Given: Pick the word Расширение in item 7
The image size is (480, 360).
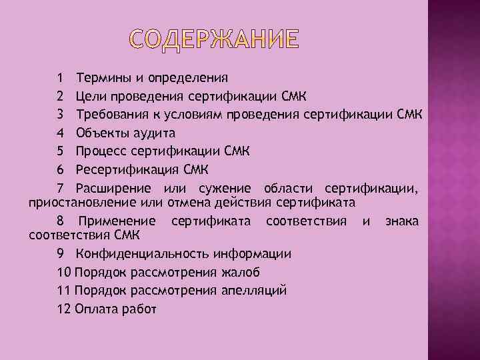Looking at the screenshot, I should (x=113, y=187).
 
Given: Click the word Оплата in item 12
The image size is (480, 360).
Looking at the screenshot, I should (x=101, y=308).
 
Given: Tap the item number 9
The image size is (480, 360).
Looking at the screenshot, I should (x=61, y=254).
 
